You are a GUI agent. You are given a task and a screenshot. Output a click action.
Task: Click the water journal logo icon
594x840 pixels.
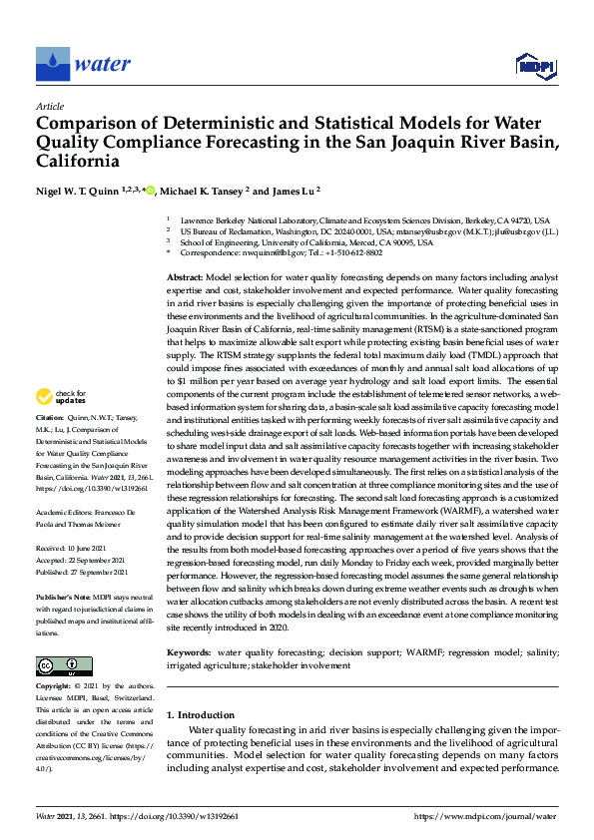pyautogui.click(x=53, y=64)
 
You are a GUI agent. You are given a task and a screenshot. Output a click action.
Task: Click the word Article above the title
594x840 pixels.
pyautogui.click(x=50, y=106)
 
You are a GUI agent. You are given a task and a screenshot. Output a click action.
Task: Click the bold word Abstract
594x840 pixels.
pyautogui.click(x=185, y=275)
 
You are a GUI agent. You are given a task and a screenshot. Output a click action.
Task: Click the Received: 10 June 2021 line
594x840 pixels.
pyautogui.click(x=75, y=547)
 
